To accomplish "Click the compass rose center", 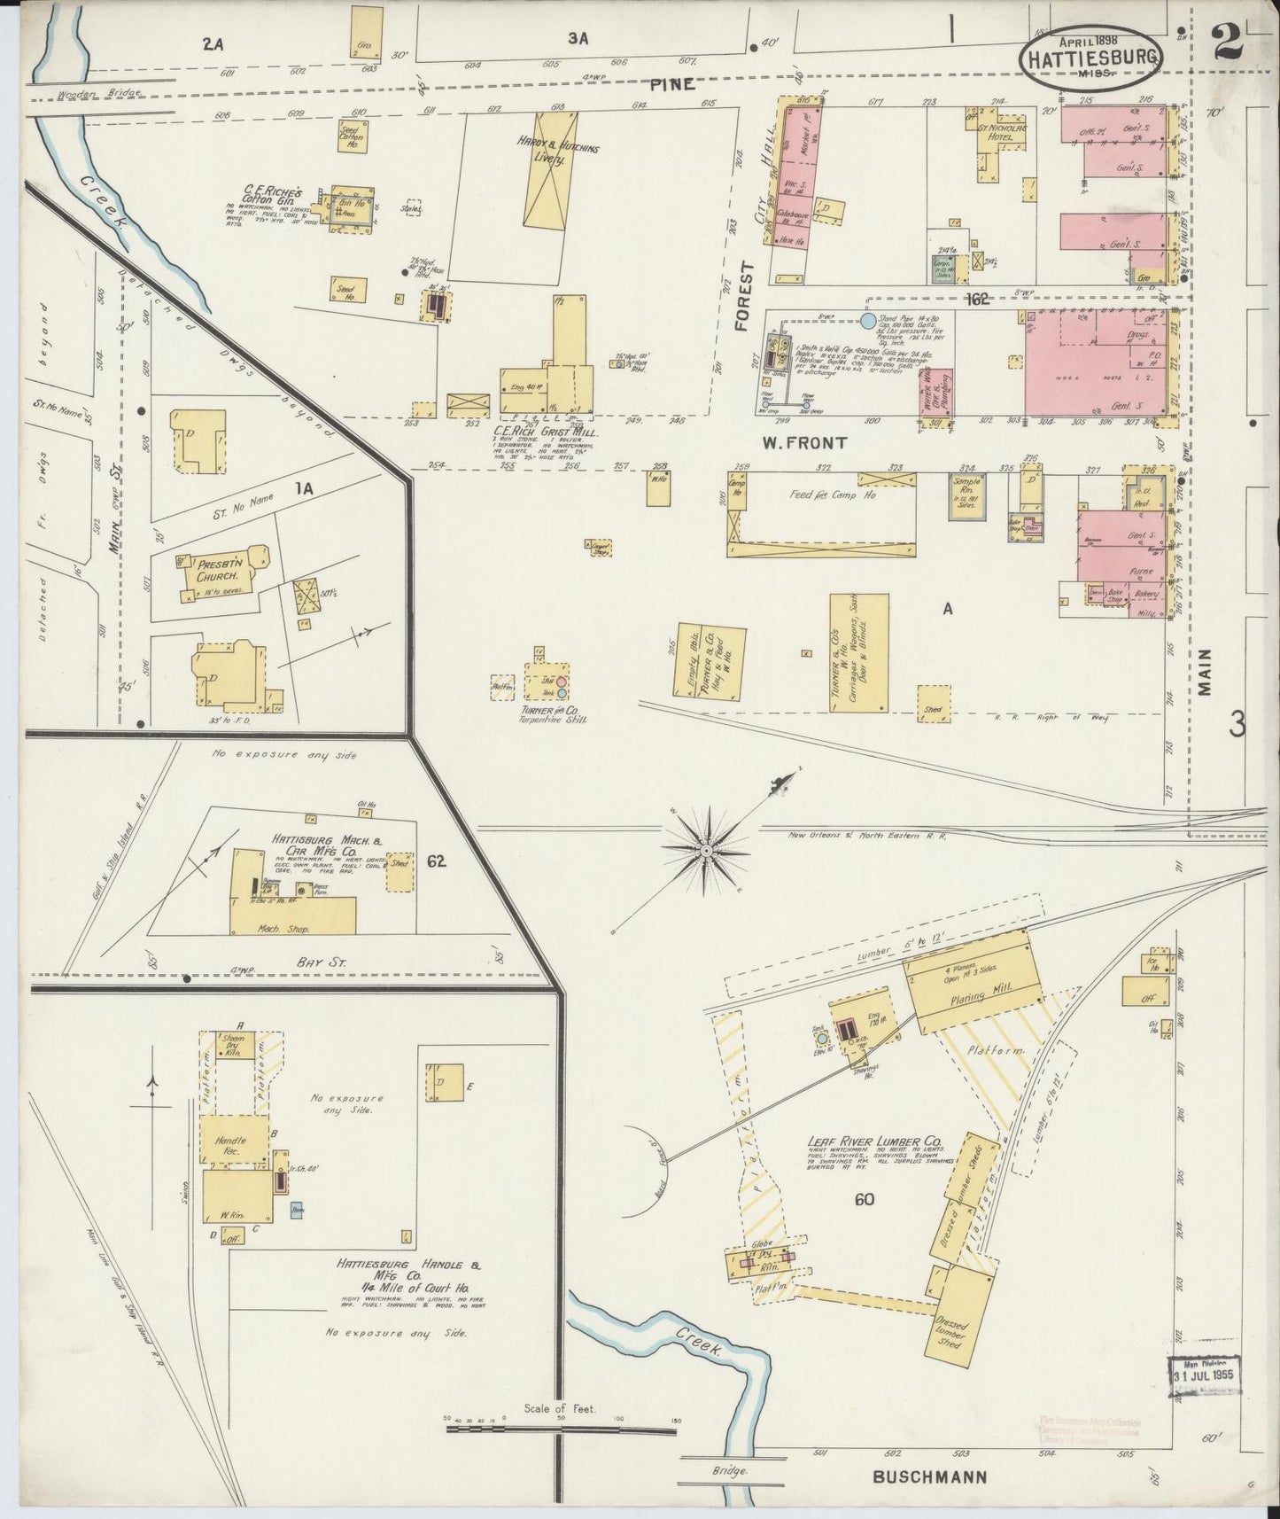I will (x=706, y=851).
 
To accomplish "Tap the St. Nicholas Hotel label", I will (x=1002, y=131).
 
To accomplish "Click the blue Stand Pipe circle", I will (x=868, y=320).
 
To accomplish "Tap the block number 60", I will (x=865, y=1200).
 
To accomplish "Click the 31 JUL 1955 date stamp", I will (x=1202, y=1375).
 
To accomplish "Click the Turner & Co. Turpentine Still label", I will (x=541, y=713).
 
